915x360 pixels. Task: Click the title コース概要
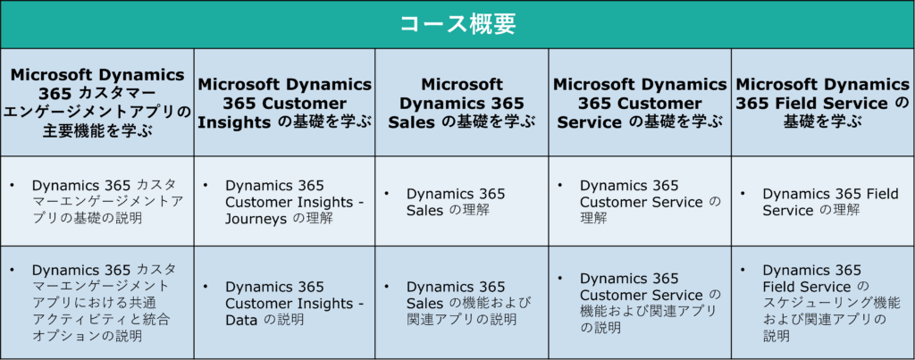click(x=457, y=24)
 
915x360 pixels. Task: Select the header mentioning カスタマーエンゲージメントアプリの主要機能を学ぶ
click(x=97, y=103)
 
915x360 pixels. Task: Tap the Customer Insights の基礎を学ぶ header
click(x=285, y=104)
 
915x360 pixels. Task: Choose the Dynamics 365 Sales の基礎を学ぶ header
click(x=462, y=104)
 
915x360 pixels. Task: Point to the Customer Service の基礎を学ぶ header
click(x=640, y=104)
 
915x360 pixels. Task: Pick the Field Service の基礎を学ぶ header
click(x=823, y=104)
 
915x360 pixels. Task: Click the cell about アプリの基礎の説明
click(x=97, y=201)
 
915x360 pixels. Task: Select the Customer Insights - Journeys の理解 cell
click(x=285, y=201)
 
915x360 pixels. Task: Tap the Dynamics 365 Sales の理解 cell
click(x=462, y=201)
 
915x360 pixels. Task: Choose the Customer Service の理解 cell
click(x=640, y=201)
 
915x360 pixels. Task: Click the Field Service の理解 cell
click(x=823, y=201)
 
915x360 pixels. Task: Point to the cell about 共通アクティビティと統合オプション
click(x=97, y=303)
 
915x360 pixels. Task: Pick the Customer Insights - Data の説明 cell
click(x=285, y=303)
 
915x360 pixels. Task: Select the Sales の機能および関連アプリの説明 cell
click(x=462, y=303)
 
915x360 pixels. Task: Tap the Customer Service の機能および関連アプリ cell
click(x=640, y=303)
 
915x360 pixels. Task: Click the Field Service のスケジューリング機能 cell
click(x=823, y=303)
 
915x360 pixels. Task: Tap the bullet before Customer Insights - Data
click(x=206, y=287)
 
